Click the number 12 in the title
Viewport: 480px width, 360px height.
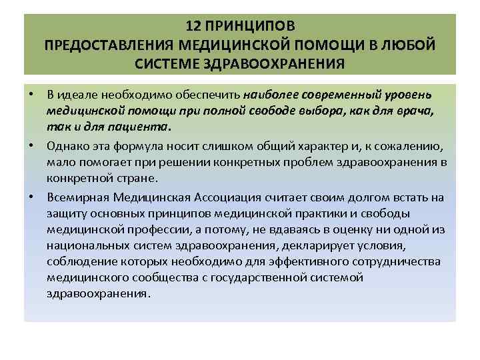(x=193, y=27)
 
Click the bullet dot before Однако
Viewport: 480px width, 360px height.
(x=32, y=145)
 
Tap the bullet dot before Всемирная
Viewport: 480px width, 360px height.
(x=32, y=196)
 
